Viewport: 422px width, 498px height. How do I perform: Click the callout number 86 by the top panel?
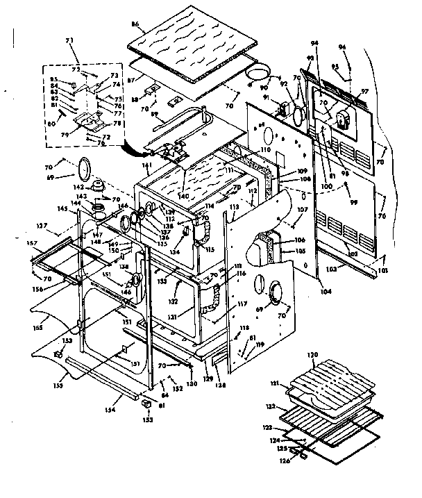pos(136,25)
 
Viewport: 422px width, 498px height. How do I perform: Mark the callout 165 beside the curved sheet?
pos(37,326)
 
